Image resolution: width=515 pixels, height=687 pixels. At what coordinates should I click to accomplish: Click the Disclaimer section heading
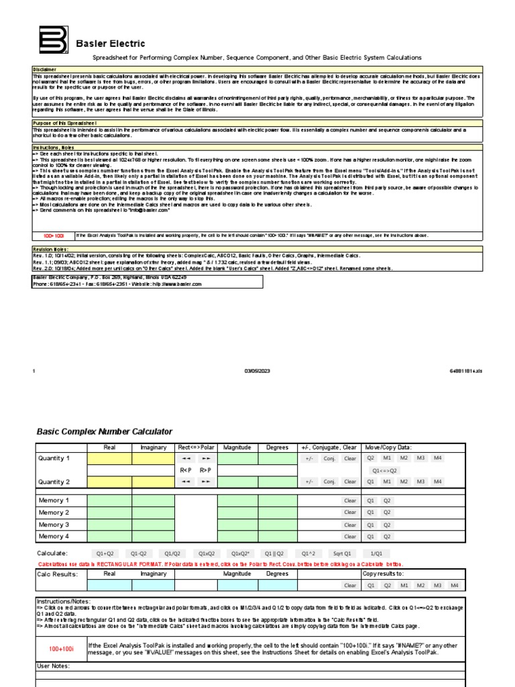click(46, 69)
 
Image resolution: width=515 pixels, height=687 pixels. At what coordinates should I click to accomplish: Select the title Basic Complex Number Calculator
click(104, 431)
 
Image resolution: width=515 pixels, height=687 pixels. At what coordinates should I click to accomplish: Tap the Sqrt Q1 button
click(342, 553)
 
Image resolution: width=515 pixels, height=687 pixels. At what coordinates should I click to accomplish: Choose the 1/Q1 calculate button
click(377, 553)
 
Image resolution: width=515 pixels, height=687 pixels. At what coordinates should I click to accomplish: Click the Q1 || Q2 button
click(274, 553)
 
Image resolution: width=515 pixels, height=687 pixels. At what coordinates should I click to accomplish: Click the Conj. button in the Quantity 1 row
click(329, 459)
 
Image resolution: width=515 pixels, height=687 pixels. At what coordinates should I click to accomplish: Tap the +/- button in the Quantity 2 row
click(309, 482)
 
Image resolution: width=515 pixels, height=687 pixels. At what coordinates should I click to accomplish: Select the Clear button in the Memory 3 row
click(350, 525)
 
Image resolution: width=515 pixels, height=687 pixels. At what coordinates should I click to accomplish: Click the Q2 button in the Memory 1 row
click(387, 500)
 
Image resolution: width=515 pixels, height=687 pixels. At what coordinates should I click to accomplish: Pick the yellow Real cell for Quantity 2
click(110, 482)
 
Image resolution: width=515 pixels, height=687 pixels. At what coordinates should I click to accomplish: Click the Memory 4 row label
click(54, 536)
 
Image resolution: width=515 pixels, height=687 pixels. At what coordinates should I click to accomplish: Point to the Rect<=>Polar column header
click(196, 447)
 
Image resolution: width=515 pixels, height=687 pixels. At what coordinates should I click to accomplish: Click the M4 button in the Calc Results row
click(455, 585)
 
